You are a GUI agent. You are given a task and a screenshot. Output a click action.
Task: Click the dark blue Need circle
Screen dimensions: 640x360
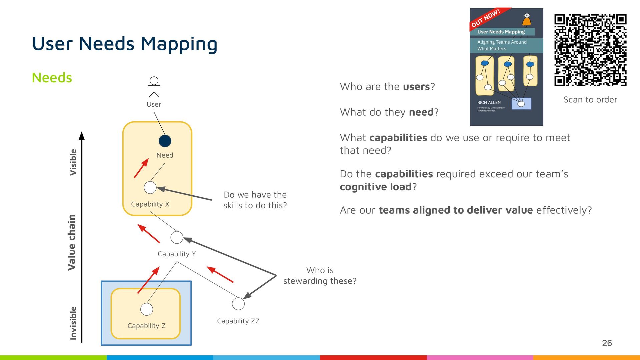click(165, 141)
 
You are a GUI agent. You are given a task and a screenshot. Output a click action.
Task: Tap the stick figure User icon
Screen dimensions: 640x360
click(154, 87)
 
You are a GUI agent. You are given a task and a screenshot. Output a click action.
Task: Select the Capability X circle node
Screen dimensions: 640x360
click(150, 187)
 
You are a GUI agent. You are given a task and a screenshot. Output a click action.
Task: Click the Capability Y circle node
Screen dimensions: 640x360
click(177, 237)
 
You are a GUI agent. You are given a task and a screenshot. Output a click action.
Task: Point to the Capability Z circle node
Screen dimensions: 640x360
click(147, 309)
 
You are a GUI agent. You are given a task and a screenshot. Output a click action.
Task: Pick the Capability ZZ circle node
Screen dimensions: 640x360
click(238, 304)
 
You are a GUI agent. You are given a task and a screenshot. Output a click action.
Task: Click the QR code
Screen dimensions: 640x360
click(590, 50)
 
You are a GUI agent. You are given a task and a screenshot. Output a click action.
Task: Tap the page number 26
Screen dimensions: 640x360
click(607, 343)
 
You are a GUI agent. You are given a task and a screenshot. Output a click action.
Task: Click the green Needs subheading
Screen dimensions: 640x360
click(52, 78)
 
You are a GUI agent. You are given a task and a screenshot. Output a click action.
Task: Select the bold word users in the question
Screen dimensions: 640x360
click(416, 87)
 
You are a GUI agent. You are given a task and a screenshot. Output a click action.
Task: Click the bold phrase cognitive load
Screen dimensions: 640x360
click(376, 187)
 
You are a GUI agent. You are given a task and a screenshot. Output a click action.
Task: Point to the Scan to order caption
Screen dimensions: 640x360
click(590, 100)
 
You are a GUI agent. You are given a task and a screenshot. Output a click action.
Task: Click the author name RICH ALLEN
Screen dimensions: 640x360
click(489, 102)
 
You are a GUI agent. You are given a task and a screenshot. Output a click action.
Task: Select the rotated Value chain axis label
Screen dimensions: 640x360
click(72, 242)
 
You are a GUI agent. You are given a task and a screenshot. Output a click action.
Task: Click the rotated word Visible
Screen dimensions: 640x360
click(73, 162)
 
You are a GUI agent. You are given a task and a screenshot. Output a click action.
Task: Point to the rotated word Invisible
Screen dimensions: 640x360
click(73, 323)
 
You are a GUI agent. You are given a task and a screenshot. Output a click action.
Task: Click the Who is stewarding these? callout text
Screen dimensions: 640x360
click(320, 276)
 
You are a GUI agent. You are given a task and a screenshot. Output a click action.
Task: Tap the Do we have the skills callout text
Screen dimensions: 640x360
click(255, 200)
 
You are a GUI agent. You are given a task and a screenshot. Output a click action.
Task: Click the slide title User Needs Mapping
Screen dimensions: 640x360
click(125, 44)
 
